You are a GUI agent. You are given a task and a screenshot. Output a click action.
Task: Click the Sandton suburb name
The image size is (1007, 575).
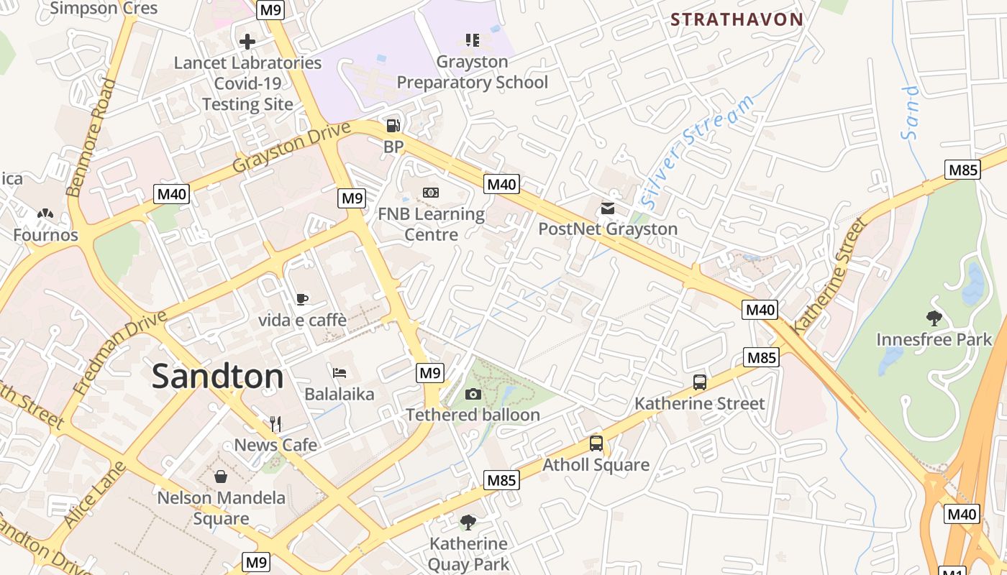[x=218, y=377]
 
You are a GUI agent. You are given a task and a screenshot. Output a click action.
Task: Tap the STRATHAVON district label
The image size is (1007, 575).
[x=737, y=19]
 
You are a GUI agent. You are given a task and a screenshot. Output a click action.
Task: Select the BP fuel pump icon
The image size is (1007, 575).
[x=393, y=126]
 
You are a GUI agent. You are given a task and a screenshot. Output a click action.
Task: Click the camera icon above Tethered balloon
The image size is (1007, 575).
[x=473, y=394]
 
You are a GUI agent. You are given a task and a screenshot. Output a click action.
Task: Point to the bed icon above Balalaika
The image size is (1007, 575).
[x=340, y=372]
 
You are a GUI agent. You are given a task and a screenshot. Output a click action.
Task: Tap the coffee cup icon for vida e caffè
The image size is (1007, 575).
[x=302, y=299]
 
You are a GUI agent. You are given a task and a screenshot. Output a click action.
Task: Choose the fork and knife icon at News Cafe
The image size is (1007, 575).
[x=275, y=423]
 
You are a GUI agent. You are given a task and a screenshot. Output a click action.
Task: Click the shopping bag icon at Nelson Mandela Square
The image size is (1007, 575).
[x=221, y=476]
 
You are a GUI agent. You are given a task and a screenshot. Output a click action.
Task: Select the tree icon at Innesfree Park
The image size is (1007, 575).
[x=934, y=318]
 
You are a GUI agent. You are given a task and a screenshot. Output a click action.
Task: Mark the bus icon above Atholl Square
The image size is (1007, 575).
[x=596, y=443]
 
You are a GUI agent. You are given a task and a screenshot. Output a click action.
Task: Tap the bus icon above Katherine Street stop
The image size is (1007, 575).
[x=699, y=382]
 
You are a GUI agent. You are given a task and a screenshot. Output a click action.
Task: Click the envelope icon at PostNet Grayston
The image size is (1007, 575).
[x=608, y=208]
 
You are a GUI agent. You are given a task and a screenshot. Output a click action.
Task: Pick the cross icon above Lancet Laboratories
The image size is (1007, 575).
[x=247, y=41]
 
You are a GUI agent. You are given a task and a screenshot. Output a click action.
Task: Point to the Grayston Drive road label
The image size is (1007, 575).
[x=291, y=147]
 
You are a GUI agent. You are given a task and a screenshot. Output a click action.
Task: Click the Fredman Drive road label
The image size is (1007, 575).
[x=119, y=352]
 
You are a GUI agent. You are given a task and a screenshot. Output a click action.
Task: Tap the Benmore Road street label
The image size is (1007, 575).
[x=91, y=137]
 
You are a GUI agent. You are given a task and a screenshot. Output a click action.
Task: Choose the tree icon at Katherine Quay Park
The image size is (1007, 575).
[x=468, y=522]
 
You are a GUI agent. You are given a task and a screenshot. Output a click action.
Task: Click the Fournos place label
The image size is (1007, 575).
[x=45, y=235]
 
